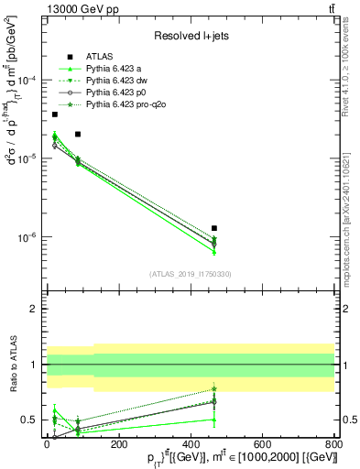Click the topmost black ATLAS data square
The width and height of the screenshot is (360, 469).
coord(55,115)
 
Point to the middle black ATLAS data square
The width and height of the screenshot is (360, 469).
coord(78,135)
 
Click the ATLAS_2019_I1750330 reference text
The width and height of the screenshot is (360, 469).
coord(191,274)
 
